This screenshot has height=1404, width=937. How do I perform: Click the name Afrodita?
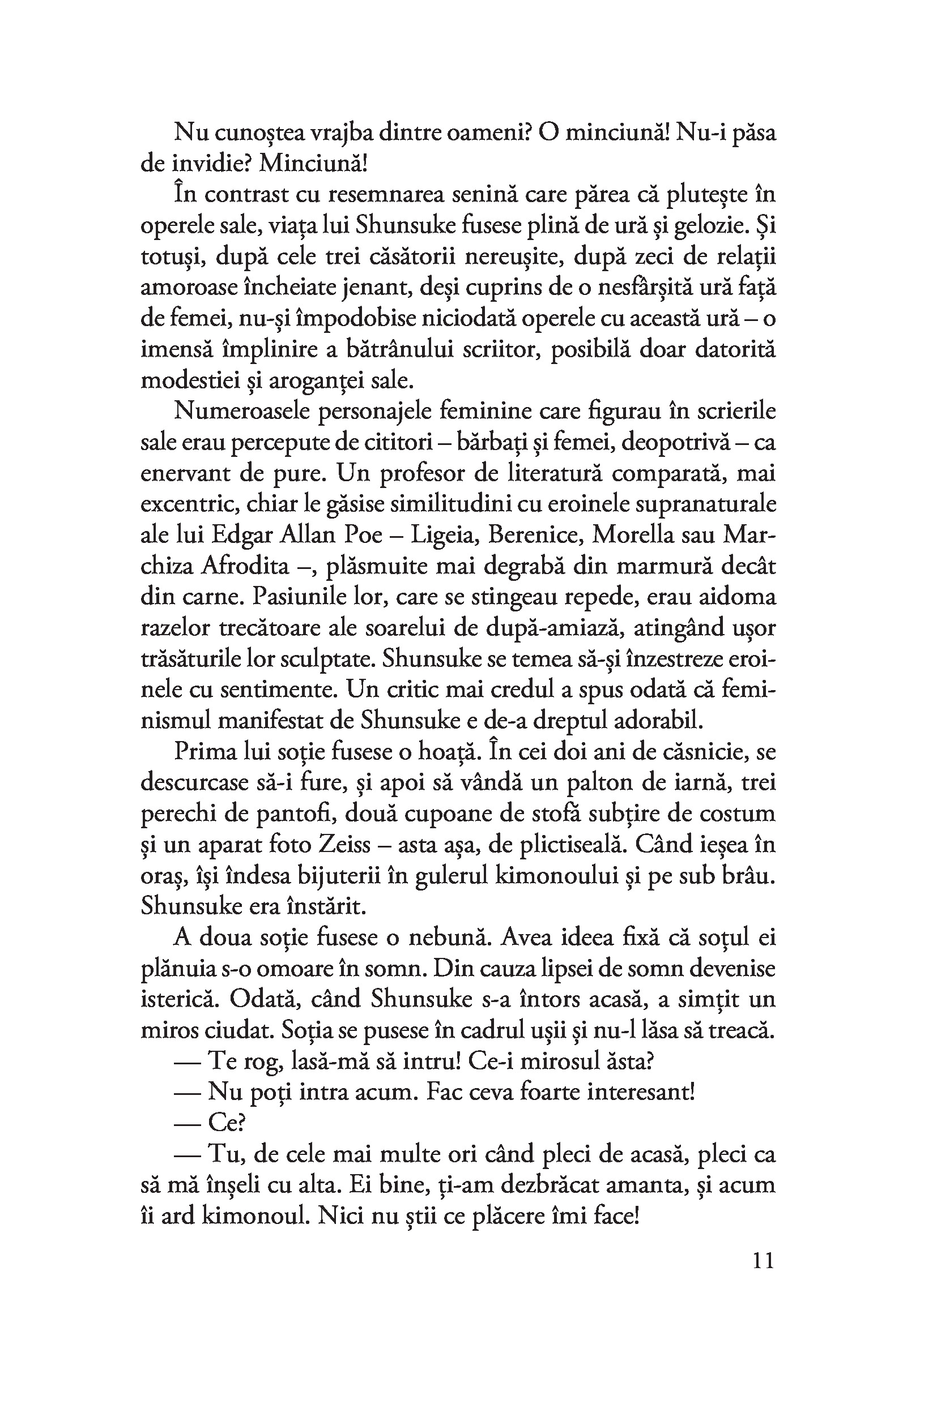pyautogui.click(x=245, y=566)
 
